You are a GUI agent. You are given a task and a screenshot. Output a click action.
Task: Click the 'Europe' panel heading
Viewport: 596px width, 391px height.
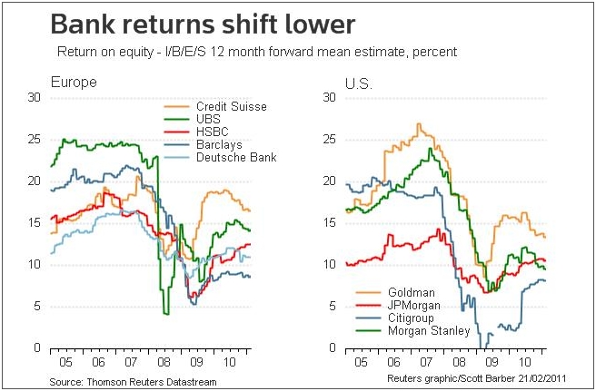click(x=73, y=83)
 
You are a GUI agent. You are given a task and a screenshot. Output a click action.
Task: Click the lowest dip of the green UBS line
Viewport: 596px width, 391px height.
click(x=166, y=313)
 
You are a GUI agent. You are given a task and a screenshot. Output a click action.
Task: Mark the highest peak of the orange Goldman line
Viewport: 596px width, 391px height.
click(x=418, y=124)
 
